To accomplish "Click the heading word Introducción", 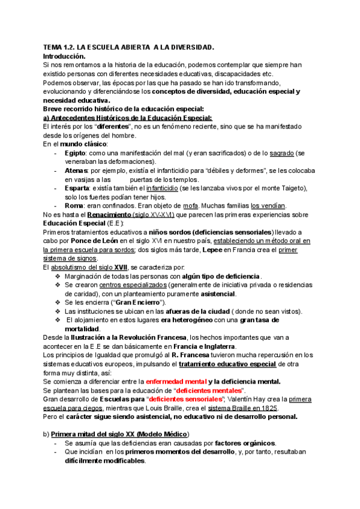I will coord(65,55).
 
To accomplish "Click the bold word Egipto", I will coord(76,154).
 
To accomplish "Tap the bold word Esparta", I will coord(79,188).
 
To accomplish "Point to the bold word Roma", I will coord(74,206).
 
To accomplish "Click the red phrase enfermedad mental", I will coord(175,381).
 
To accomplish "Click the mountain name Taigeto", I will coord(293,188).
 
